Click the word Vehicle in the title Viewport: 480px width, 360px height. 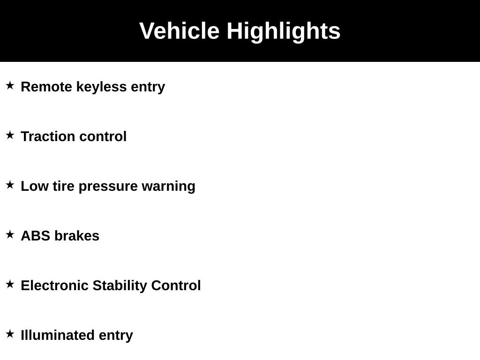point(180,30)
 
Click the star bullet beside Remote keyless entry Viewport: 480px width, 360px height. point(10,85)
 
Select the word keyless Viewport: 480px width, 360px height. point(101,87)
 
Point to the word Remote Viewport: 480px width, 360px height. point(46,87)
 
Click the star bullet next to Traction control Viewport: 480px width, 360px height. point(10,135)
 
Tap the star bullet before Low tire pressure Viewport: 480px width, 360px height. point(10,185)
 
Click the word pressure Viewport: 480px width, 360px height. point(108,187)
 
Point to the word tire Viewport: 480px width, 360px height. point(63,186)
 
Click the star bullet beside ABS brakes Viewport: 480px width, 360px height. point(10,234)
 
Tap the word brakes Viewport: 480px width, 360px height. point(77,236)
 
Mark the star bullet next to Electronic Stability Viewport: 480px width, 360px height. point(10,284)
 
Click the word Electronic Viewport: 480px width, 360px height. point(54,285)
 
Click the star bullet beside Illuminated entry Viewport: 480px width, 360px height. point(10,334)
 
